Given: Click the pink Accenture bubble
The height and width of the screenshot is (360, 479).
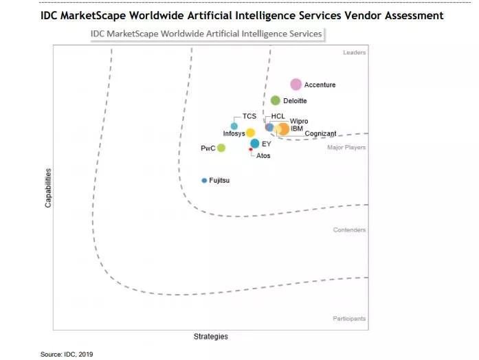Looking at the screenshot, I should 296,85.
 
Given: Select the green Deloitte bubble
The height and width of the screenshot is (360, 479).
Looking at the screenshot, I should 276,101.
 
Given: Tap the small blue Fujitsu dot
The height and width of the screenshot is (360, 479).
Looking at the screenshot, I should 204,181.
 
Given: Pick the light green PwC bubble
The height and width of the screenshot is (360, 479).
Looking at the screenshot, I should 221,148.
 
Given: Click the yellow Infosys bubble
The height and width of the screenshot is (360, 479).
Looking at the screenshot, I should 251,133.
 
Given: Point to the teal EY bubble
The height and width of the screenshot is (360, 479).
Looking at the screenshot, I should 255,144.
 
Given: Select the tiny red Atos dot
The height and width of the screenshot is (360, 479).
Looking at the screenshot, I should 251,150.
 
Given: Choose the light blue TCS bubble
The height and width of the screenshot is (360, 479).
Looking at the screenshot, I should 234,126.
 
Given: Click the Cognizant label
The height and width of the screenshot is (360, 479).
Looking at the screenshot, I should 320,133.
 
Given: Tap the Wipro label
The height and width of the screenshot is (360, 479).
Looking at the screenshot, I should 299,122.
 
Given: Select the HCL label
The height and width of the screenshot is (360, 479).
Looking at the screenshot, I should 278,116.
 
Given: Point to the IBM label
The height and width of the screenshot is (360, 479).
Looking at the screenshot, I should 297,128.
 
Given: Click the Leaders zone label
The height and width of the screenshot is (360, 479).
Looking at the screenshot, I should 355,53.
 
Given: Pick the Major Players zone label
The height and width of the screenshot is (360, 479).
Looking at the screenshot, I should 346,148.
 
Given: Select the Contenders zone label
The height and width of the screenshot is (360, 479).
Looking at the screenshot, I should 349,230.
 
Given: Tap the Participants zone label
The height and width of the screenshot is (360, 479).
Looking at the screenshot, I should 349,319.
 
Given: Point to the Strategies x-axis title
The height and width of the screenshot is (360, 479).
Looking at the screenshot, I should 210,337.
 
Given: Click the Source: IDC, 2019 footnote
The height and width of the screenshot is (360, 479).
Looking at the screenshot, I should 66,355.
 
